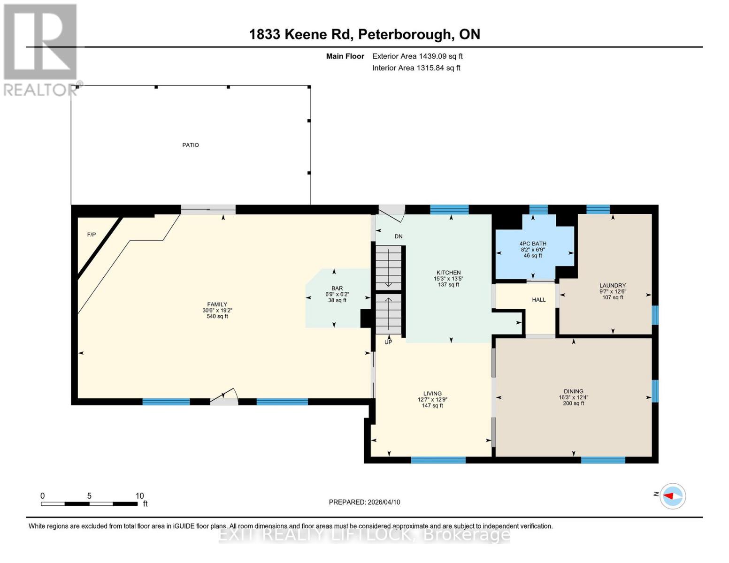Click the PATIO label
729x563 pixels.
pyautogui.click(x=191, y=145)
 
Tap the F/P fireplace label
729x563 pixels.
pyautogui.click(x=92, y=235)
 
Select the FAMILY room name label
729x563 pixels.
pyautogui.click(x=217, y=304)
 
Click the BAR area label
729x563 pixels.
pyautogui.click(x=337, y=289)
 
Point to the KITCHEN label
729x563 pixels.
pyautogui.click(x=448, y=273)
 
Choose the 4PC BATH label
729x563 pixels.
pyautogui.click(x=533, y=244)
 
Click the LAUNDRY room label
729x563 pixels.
pyautogui.click(x=613, y=285)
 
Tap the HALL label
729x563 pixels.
pyautogui.click(x=538, y=300)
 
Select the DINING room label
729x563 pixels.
pyautogui.click(x=574, y=391)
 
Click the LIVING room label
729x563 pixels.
pyautogui.click(x=432, y=394)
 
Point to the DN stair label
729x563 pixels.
pyautogui.click(x=398, y=236)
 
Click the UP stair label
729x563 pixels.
pyautogui.click(x=388, y=342)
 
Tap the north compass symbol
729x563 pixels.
pyautogui.click(x=672, y=496)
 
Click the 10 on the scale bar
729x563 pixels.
pyautogui.click(x=139, y=496)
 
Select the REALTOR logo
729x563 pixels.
pyautogui.click(x=40, y=49)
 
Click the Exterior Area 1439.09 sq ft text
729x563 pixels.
pyautogui.click(x=417, y=56)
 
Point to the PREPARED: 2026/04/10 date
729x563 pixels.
pyautogui.click(x=364, y=502)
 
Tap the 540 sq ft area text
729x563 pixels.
pyautogui.click(x=217, y=317)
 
